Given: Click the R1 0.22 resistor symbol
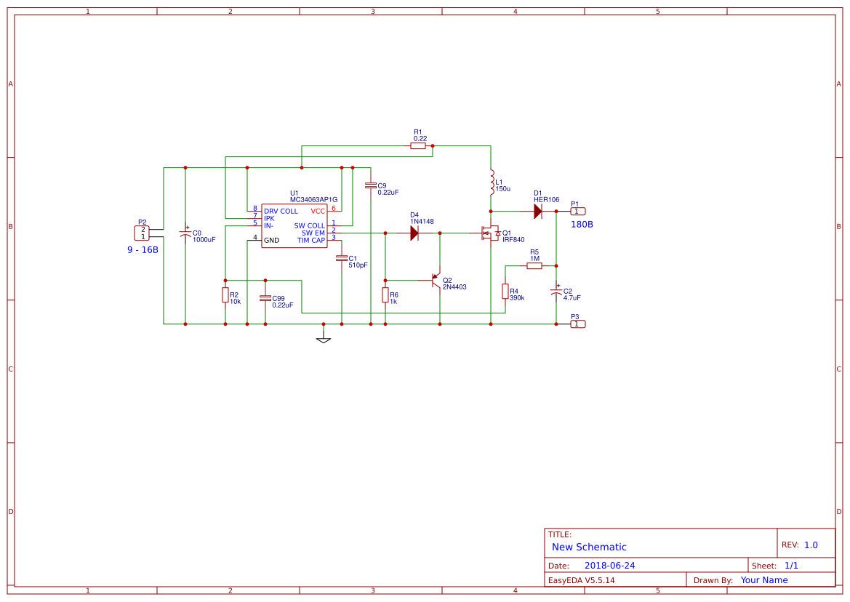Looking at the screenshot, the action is (417, 145).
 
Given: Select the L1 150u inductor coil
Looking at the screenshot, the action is (492, 183).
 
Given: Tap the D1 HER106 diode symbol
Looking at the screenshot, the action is (538, 212).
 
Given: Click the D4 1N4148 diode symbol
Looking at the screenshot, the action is (414, 233).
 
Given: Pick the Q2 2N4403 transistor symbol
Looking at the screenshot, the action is (436, 280).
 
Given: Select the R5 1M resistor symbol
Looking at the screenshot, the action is (534, 266).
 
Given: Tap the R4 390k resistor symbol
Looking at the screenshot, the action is (505, 292).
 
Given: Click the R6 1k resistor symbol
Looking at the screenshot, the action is (385, 295).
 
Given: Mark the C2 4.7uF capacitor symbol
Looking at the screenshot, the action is (556, 292).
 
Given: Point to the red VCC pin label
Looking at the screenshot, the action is (318, 212).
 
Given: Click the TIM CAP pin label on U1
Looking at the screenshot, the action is (311, 241).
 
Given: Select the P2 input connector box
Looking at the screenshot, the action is (142, 233).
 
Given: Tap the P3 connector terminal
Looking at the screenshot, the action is (578, 324).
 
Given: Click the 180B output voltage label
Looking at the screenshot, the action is (582, 225).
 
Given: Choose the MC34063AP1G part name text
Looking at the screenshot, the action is (314, 200).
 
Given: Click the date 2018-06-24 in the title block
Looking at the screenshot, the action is (609, 566).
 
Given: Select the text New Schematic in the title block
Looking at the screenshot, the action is (589, 547).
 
